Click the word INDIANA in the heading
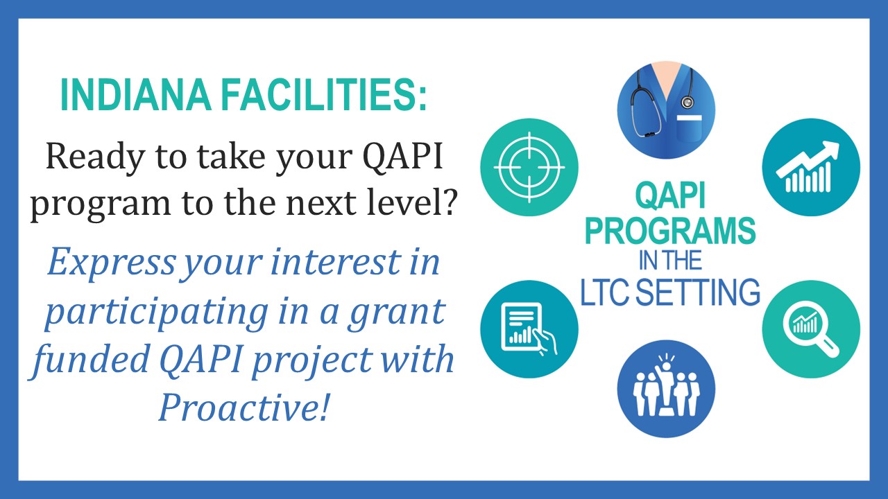click(x=135, y=95)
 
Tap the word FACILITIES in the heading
click(x=323, y=95)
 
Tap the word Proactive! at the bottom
click(x=244, y=408)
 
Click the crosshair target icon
click(x=529, y=168)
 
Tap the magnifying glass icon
click(x=811, y=329)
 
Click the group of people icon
click(x=667, y=385)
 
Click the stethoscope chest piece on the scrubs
click(x=687, y=102)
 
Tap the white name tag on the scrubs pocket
click(x=689, y=118)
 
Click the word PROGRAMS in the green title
click(x=670, y=231)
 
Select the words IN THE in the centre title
click(x=670, y=261)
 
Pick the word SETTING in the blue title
click(x=700, y=292)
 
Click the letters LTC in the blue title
click(x=606, y=292)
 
